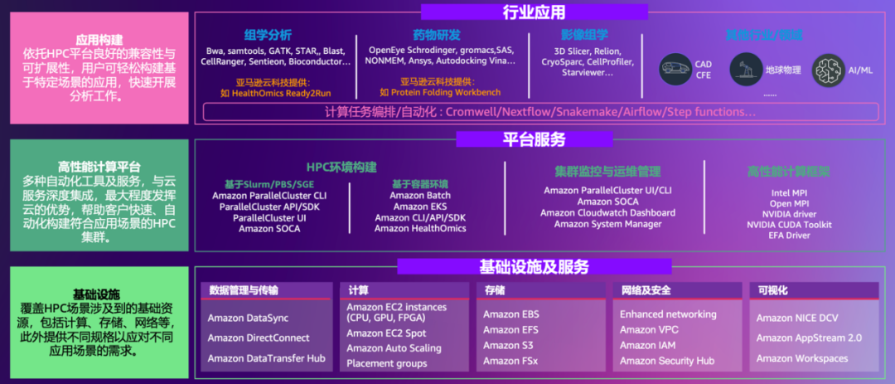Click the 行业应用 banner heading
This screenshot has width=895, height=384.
tap(534, 12)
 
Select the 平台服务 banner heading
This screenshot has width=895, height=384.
tap(534, 139)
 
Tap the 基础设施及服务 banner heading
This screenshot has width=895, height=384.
tap(534, 266)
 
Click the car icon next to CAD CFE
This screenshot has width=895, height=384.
tap(676, 70)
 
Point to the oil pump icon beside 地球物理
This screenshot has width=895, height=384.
tap(745, 70)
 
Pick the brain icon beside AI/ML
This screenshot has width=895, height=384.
tap(828, 70)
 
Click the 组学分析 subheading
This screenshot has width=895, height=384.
tap(268, 35)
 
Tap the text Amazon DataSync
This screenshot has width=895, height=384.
tap(247, 318)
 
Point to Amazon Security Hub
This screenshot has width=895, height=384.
tap(667, 361)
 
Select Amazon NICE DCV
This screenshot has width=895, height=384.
tap(797, 318)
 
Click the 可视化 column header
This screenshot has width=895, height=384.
tap(772, 290)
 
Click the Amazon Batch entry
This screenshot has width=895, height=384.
tap(420, 196)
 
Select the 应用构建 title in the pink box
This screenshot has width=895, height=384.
tap(99, 39)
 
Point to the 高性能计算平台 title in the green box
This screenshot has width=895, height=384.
tap(99, 167)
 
